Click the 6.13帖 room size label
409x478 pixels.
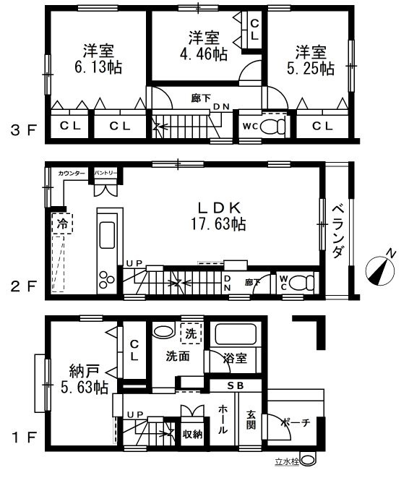(x=92, y=68)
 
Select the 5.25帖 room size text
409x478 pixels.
(x=314, y=68)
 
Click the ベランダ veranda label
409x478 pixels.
(x=337, y=229)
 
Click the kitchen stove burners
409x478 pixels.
(x=107, y=278)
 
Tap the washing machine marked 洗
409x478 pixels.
(x=191, y=335)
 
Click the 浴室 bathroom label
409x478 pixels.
(x=236, y=357)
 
